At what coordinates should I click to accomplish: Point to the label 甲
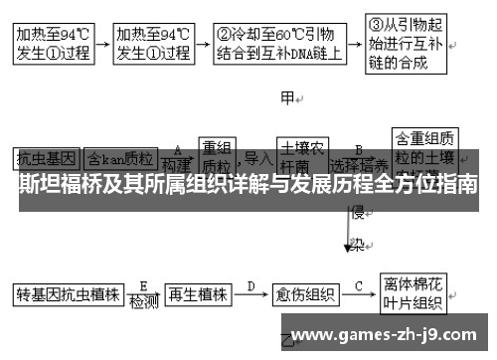tap(289, 98)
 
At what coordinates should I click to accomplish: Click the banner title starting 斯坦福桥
tap(248, 185)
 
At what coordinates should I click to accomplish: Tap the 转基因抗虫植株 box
tap(67, 294)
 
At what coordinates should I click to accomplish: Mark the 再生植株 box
tap(198, 294)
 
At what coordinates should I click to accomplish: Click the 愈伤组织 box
tap(305, 294)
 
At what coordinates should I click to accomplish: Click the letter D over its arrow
tap(250, 284)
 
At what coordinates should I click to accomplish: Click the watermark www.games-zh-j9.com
tap(388, 334)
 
